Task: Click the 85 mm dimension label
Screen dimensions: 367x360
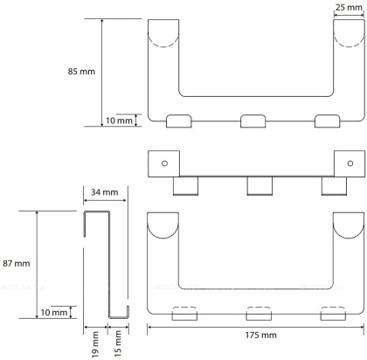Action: tap(81, 72)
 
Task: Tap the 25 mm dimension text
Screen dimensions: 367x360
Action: tap(349, 8)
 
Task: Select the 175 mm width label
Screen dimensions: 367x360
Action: tap(260, 336)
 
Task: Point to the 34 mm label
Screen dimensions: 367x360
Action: tap(105, 192)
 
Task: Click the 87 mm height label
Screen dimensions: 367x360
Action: tap(17, 264)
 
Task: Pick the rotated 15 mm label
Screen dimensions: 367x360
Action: tap(117, 343)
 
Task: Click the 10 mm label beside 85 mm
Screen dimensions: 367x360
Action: tap(119, 121)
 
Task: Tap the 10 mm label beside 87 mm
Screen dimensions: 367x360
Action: tap(54, 313)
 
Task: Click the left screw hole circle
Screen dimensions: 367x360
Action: tap(164, 163)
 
